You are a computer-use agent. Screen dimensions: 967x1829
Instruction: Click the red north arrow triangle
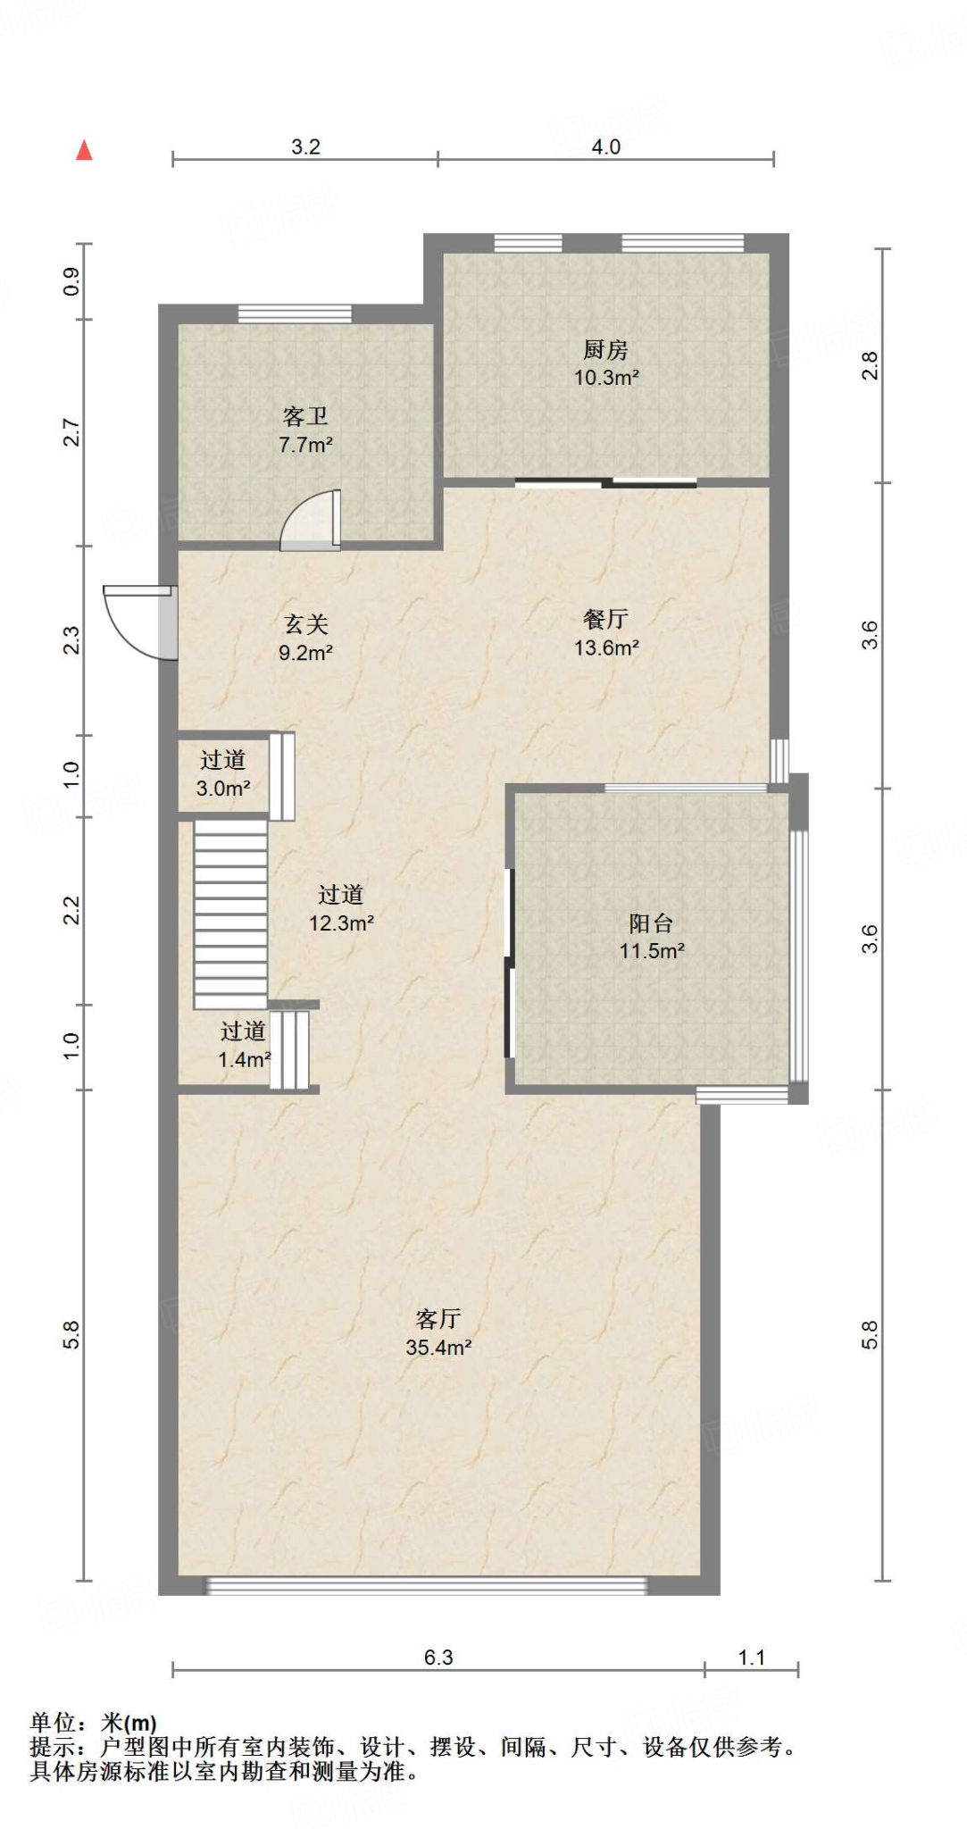tap(84, 150)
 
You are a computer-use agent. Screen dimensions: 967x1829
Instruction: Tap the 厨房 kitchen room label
tap(605, 349)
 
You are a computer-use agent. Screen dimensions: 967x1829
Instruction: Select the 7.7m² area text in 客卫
tap(305, 445)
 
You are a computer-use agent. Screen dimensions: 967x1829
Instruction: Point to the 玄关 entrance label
tap(305, 624)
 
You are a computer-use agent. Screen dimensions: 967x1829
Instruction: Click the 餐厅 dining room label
tap(605, 619)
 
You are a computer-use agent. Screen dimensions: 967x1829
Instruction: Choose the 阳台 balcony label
tap(651, 923)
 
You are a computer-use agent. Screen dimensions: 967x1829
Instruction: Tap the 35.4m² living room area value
tap(438, 1348)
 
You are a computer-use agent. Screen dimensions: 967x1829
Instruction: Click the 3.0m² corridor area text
tap(222, 789)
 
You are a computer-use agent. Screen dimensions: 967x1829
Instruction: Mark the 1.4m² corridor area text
tap(244, 1060)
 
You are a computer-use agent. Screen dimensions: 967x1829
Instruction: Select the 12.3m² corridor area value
tap(341, 923)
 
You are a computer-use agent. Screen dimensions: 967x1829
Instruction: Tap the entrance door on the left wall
tap(141, 622)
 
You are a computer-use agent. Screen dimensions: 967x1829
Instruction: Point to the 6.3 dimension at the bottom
tap(438, 1658)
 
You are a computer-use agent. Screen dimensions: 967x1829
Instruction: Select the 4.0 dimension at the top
tap(605, 146)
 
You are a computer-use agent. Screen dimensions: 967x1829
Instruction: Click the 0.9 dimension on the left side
tap(71, 281)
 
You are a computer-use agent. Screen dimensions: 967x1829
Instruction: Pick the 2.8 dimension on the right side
tap(870, 366)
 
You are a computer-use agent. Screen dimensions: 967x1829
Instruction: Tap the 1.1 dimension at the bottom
tap(751, 1658)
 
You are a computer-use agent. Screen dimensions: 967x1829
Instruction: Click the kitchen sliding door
tap(605, 483)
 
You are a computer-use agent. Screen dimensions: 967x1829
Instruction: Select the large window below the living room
tap(426, 1586)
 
